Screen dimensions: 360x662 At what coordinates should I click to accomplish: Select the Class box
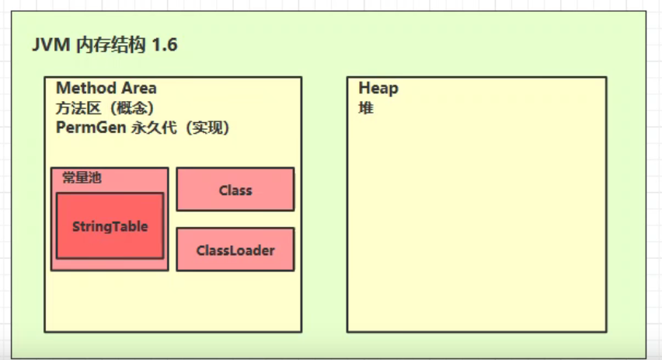coord(235,190)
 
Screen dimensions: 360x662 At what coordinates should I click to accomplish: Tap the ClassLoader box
coord(235,250)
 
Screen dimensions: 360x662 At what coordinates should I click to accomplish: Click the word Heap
coord(378,88)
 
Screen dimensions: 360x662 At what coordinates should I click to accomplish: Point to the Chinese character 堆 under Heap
coord(366,108)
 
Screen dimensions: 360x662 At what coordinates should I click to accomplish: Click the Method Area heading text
coord(106,88)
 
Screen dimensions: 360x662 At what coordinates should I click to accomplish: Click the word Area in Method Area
coord(136,88)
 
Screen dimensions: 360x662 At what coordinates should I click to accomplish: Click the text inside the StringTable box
coord(110,227)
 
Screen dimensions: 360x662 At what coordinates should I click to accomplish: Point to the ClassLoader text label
coord(235,250)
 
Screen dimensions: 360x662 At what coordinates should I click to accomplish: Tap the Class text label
coord(235,190)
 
